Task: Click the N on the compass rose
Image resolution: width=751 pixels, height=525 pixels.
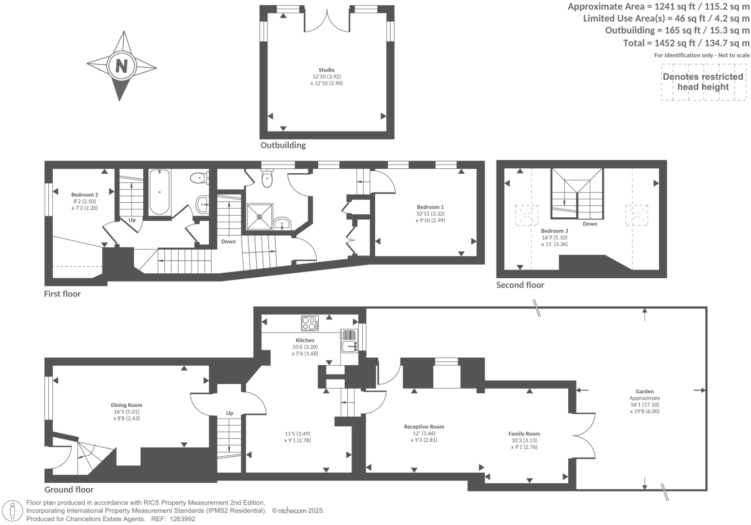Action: pyautogui.click(x=121, y=65)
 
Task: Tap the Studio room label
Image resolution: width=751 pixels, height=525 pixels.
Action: pyautogui.click(x=326, y=70)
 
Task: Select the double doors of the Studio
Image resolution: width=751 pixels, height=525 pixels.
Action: pyautogui.click(x=327, y=21)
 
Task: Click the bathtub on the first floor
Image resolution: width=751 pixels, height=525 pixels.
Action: pyautogui.click(x=159, y=192)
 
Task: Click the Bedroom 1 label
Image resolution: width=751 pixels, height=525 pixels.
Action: pyautogui.click(x=430, y=207)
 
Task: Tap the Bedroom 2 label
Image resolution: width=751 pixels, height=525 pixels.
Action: pyautogui.click(x=85, y=195)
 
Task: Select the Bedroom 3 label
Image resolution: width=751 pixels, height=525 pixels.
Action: pyautogui.click(x=554, y=231)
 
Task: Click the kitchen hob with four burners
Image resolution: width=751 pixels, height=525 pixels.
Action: pyautogui.click(x=309, y=323)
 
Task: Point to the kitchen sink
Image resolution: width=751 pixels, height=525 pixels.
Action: pyautogui.click(x=349, y=346)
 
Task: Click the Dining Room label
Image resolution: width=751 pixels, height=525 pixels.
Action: pyautogui.click(x=126, y=405)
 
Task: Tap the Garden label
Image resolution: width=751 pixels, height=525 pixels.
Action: pyautogui.click(x=645, y=391)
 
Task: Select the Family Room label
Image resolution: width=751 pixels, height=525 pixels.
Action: pyautogui.click(x=524, y=434)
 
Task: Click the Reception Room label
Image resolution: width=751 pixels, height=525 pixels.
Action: pyautogui.click(x=424, y=427)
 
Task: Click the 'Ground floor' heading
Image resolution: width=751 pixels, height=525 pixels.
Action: pyautogui.click(x=69, y=489)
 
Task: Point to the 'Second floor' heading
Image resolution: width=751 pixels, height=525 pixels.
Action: pyautogui.click(x=520, y=285)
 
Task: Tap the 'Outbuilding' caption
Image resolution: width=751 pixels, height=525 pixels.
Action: pyautogui.click(x=283, y=145)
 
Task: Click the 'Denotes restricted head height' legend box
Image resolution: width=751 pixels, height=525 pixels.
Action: pyautogui.click(x=703, y=82)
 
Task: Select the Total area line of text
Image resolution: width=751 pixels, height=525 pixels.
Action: pyautogui.click(x=686, y=43)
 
